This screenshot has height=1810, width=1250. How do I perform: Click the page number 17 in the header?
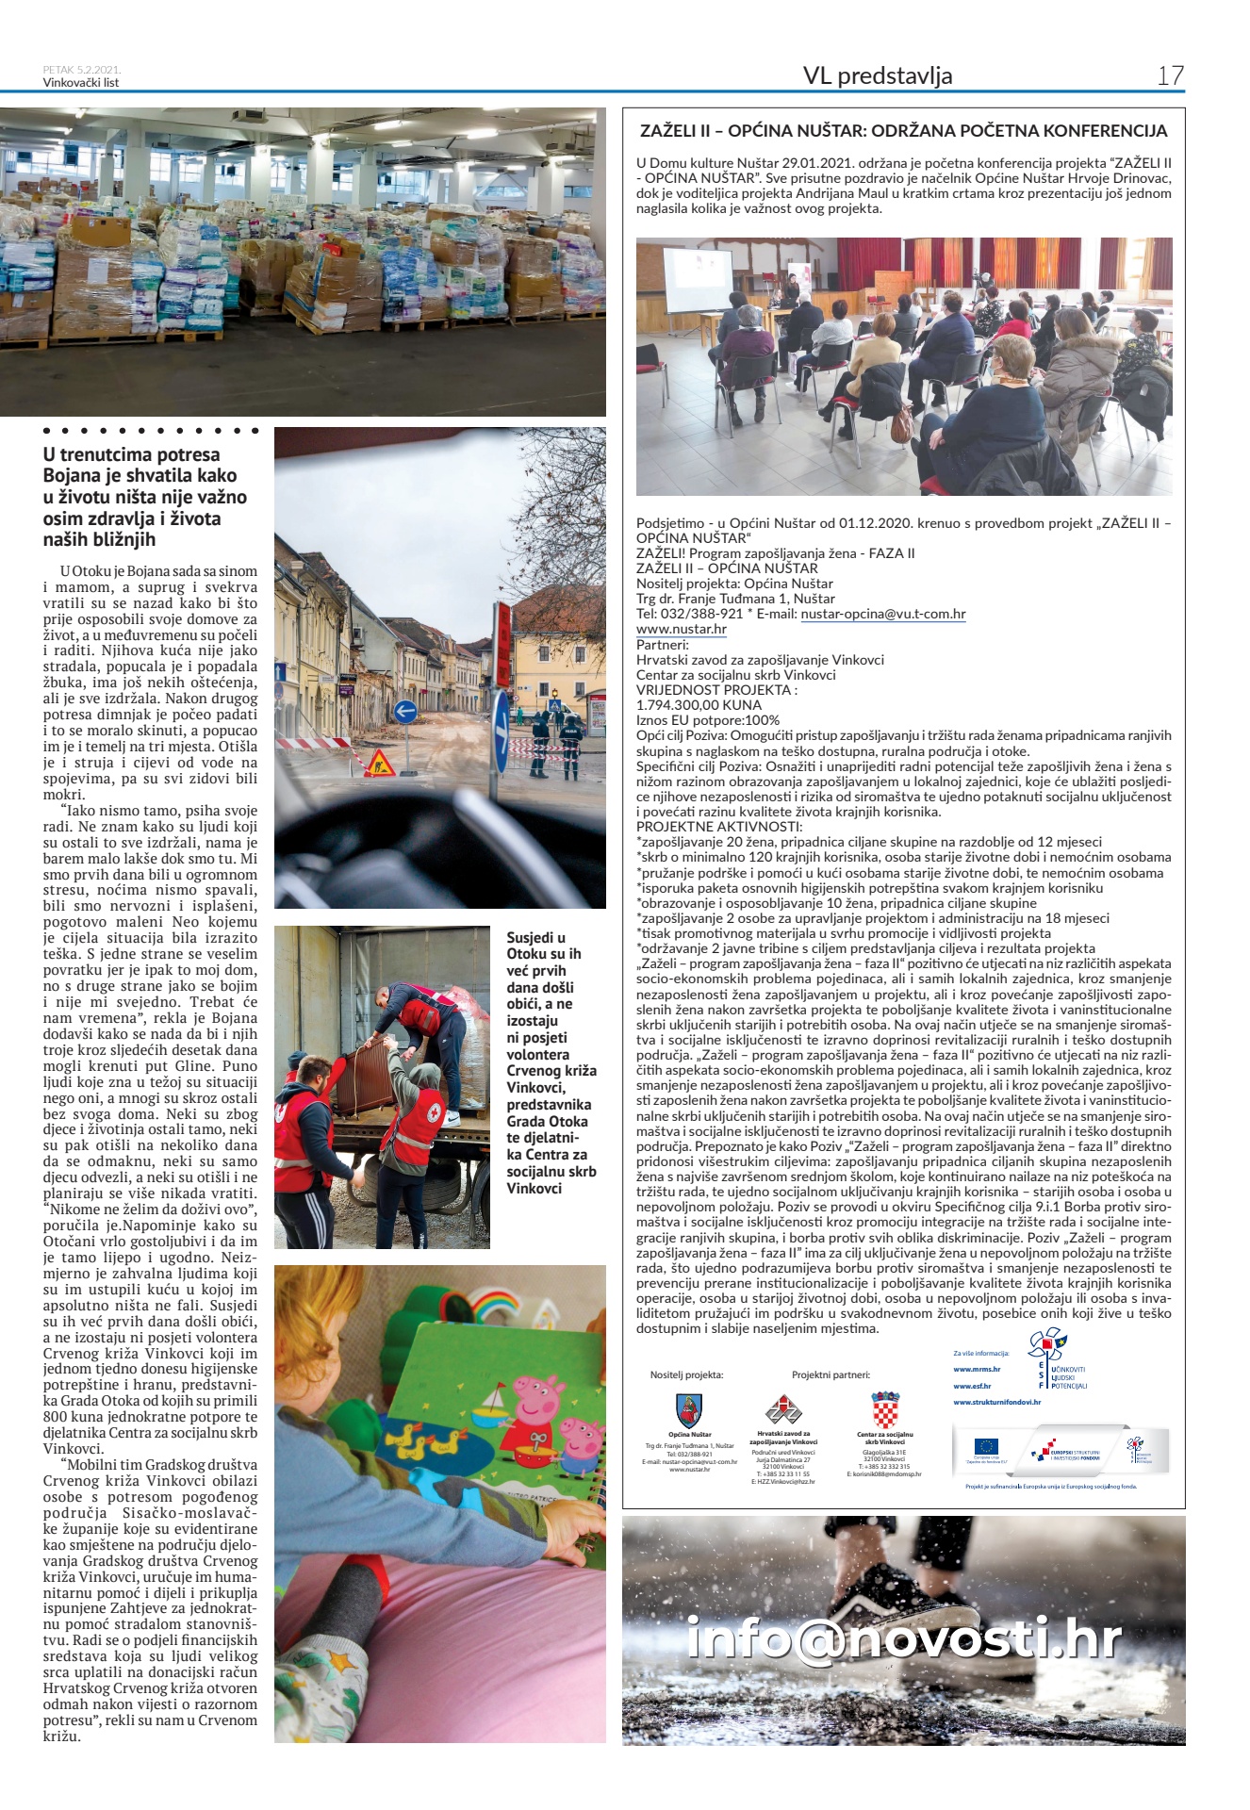tap(1170, 75)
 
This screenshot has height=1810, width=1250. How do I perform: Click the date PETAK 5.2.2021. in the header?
tap(82, 69)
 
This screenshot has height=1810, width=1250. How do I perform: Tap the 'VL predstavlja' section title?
tap(877, 75)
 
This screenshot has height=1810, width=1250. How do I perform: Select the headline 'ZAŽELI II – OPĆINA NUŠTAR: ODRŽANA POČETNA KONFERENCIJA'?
tap(903, 131)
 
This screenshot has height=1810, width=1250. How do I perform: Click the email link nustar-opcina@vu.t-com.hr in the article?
tap(883, 614)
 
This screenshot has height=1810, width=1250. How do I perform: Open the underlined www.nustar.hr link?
tap(681, 629)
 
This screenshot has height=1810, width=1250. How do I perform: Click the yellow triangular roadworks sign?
tap(379, 761)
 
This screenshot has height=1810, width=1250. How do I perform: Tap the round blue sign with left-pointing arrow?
tap(405, 712)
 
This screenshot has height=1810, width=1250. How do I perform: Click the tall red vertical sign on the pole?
tap(503, 632)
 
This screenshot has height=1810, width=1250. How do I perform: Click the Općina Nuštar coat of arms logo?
tap(688, 1411)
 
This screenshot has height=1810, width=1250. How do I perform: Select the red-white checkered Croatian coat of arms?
tap(884, 1410)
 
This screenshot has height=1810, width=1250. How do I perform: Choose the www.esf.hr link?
tap(972, 1386)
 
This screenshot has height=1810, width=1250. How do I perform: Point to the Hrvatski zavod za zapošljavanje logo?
tap(782, 1410)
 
